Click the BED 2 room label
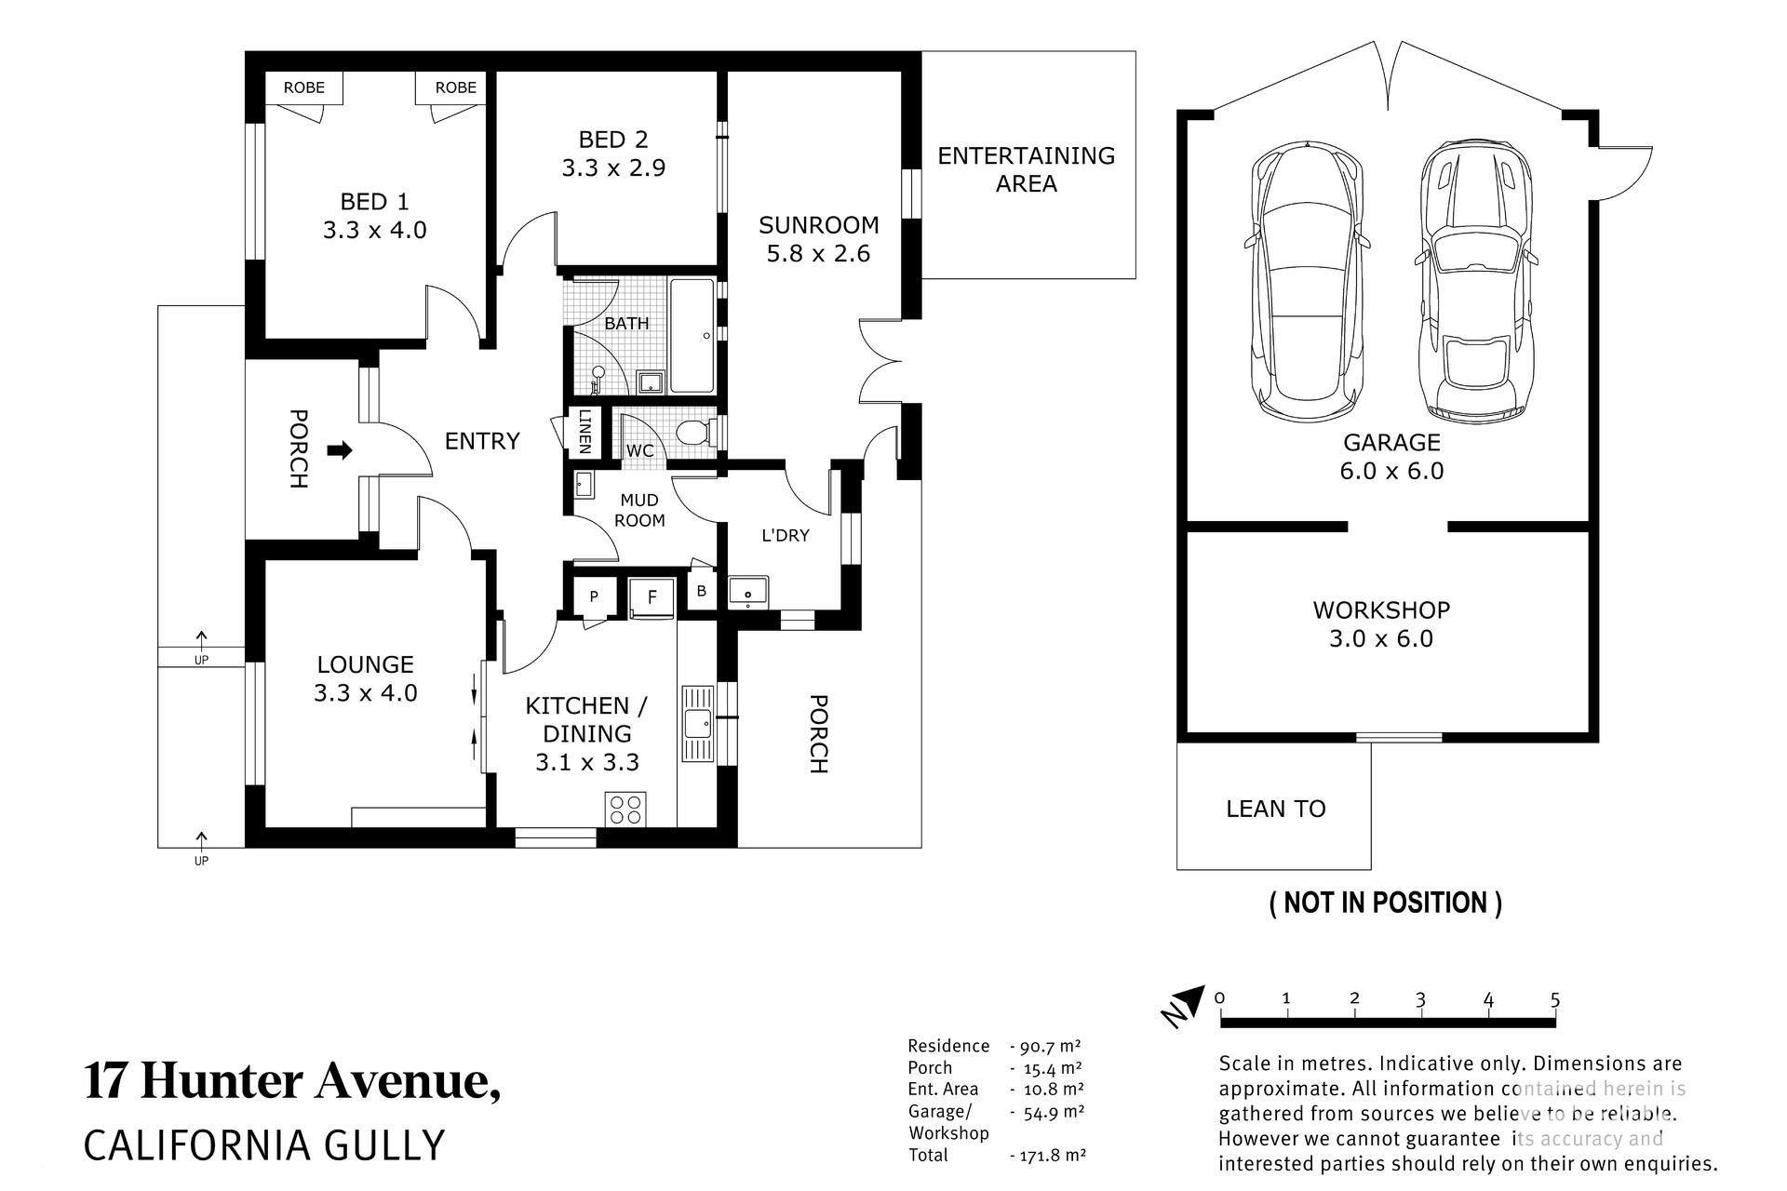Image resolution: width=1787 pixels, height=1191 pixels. pyautogui.click(x=613, y=140)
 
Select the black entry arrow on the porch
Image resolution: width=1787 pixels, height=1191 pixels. pyautogui.click(x=341, y=450)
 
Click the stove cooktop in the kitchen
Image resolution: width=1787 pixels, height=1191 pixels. pyautogui.click(x=626, y=808)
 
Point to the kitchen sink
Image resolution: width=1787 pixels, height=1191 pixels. pyautogui.click(x=697, y=723)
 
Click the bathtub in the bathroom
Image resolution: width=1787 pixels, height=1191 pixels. pyautogui.click(x=692, y=335)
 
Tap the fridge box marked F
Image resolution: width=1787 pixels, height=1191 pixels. pyautogui.click(x=652, y=596)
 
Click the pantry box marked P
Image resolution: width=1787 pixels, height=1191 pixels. pyautogui.click(x=593, y=596)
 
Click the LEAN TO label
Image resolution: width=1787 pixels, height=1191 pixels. pyautogui.click(x=1275, y=809)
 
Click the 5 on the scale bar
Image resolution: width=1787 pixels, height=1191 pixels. pyautogui.click(x=1555, y=1000)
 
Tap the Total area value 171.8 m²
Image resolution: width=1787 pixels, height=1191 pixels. pyautogui.click(x=1048, y=1156)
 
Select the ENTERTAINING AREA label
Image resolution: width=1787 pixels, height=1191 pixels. pyautogui.click(x=1026, y=169)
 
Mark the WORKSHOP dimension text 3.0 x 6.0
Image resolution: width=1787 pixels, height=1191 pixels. pyautogui.click(x=1381, y=639)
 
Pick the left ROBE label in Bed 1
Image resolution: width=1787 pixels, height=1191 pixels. pyautogui.click(x=304, y=87)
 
